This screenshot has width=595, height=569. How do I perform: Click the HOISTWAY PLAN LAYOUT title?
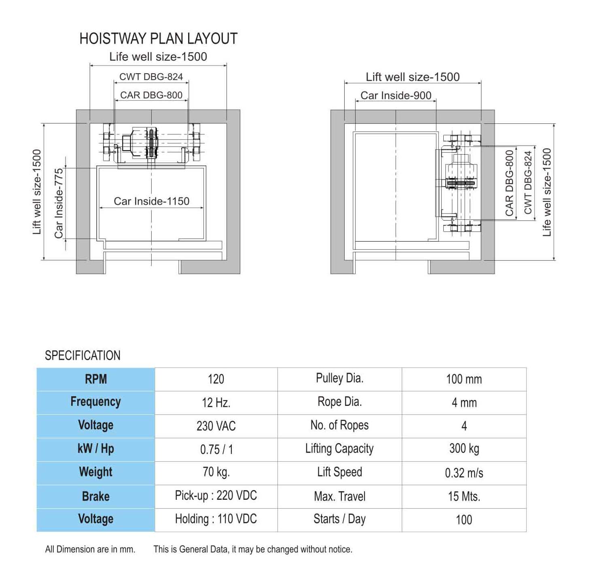pos(159,38)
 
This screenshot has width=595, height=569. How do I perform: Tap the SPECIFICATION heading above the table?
pos(83,355)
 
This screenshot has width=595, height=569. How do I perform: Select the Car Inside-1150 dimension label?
pos(152,201)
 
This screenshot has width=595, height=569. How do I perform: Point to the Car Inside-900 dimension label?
pos(396,96)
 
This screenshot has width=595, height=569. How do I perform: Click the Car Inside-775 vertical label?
pos(58,203)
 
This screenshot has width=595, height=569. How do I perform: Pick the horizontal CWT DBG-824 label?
pos(151,76)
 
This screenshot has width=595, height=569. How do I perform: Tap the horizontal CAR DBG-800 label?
pos(151,95)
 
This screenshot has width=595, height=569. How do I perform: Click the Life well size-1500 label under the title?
pos(158,57)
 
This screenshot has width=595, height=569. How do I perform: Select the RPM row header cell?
pos(96,379)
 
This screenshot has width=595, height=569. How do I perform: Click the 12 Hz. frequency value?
pos(216,403)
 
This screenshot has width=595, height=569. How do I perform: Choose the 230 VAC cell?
pos(216,426)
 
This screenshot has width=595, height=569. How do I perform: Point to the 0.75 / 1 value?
pos(216,449)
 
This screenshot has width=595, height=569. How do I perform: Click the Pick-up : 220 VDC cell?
pos(216,496)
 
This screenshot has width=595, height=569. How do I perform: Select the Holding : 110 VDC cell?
pos(216,519)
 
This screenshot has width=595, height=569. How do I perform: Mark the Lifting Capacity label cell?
pos(339,449)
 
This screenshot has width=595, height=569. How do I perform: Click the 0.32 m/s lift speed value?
pos(464,473)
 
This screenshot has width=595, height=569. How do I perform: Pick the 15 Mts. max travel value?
pos(464,496)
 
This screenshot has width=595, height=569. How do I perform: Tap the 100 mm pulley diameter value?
pos(464,379)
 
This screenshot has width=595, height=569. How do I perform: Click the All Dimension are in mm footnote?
pos(90,550)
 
